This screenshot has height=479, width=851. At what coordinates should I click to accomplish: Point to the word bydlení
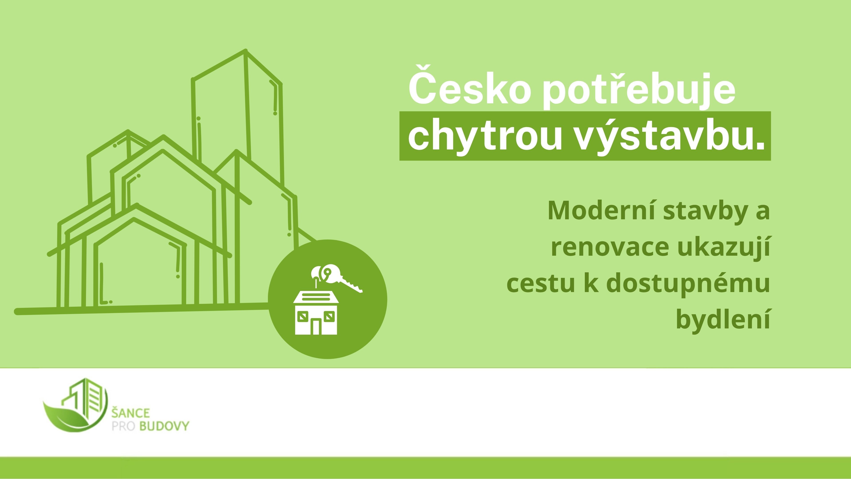click(x=723, y=320)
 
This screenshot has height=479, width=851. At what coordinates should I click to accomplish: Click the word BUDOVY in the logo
click(x=164, y=426)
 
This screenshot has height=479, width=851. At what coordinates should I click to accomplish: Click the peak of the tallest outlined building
click(x=246, y=51)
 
